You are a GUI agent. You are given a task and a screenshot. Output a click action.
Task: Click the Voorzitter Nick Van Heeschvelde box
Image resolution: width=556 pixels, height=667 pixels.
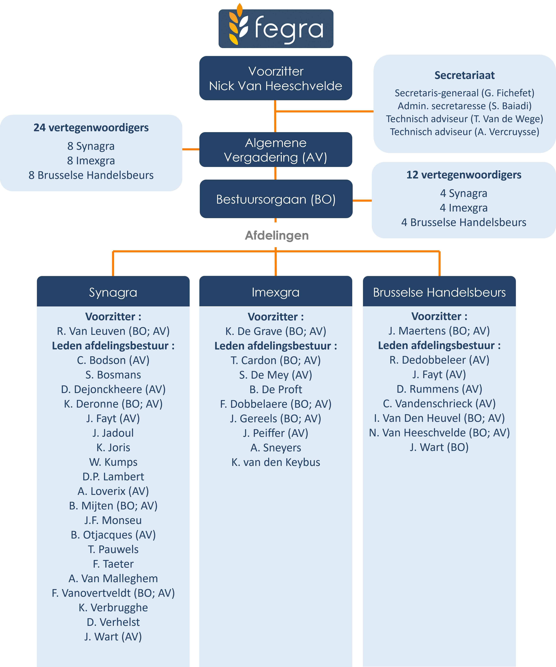click(x=276, y=78)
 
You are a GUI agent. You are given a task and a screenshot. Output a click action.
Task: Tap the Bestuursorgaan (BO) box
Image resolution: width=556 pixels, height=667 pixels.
click(x=276, y=199)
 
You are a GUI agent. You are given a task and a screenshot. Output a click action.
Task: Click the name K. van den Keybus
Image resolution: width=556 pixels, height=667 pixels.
click(x=276, y=462)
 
